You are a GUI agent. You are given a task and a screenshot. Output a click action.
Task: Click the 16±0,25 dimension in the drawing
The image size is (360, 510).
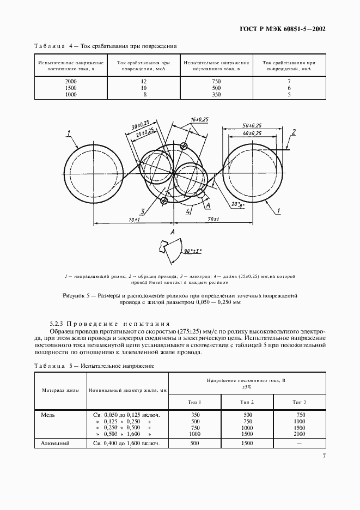pyautogui.click(x=200, y=119)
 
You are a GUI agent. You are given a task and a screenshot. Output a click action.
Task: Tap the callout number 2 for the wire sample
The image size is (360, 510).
pyautogui.click(x=294, y=132)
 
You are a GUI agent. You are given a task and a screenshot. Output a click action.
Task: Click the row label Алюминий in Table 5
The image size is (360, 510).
pyautogui.click(x=56, y=444)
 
